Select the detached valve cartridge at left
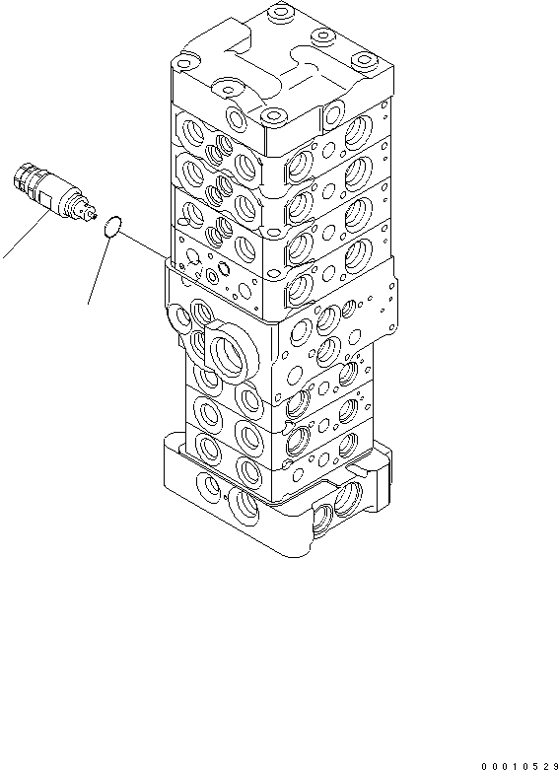[53, 192]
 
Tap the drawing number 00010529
[520, 765]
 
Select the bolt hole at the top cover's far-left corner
[183, 63]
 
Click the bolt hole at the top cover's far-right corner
[364, 60]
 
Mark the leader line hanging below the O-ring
[99, 269]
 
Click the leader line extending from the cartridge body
[26, 236]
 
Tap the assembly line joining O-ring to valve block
[144, 245]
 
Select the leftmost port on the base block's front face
[210, 485]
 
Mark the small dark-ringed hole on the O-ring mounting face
[224, 268]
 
